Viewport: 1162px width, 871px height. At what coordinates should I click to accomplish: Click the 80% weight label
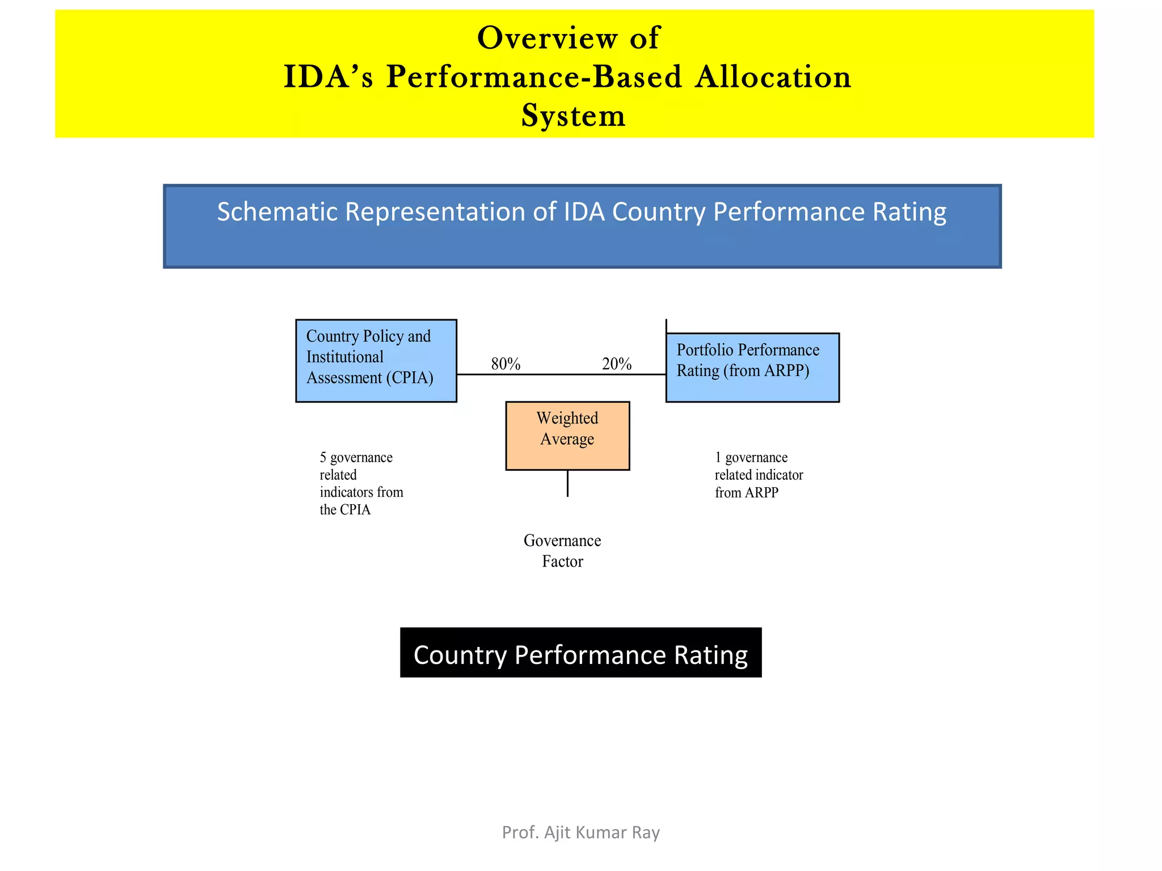pyautogui.click(x=506, y=364)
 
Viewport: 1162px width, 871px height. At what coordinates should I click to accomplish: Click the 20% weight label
pyautogui.click(x=617, y=364)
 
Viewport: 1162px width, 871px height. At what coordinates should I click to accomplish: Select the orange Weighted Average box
pyautogui.click(x=567, y=435)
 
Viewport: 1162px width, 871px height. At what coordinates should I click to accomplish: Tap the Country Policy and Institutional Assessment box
pyautogui.click(x=376, y=361)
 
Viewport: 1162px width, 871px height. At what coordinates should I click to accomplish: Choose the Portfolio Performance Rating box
pyautogui.click(x=752, y=367)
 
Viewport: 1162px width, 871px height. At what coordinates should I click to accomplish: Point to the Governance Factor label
pyautogui.click(x=562, y=551)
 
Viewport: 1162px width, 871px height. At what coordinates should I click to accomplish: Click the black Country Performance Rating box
pyautogui.click(x=580, y=653)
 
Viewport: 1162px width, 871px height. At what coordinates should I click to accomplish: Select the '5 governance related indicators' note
pyautogui.click(x=361, y=483)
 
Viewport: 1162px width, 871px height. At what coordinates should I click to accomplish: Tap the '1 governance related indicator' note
pyautogui.click(x=759, y=475)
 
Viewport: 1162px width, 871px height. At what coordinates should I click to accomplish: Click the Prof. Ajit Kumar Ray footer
pyautogui.click(x=581, y=832)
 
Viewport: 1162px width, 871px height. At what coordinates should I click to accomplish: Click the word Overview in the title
pyautogui.click(x=546, y=39)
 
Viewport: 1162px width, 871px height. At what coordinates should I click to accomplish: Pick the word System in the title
pyautogui.click(x=573, y=116)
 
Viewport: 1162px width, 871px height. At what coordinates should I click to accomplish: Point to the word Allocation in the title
pyautogui.click(x=773, y=77)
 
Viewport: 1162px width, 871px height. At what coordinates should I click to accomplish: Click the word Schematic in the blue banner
pyautogui.click(x=278, y=212)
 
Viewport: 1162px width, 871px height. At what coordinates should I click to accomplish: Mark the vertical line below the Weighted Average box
pyautogui.click(x=567, y=483)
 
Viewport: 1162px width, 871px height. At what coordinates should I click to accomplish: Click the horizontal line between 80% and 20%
pyautogui.click(x=561, y=374)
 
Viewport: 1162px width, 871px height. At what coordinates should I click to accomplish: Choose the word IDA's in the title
pyautogui.click(x=328, y=77)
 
